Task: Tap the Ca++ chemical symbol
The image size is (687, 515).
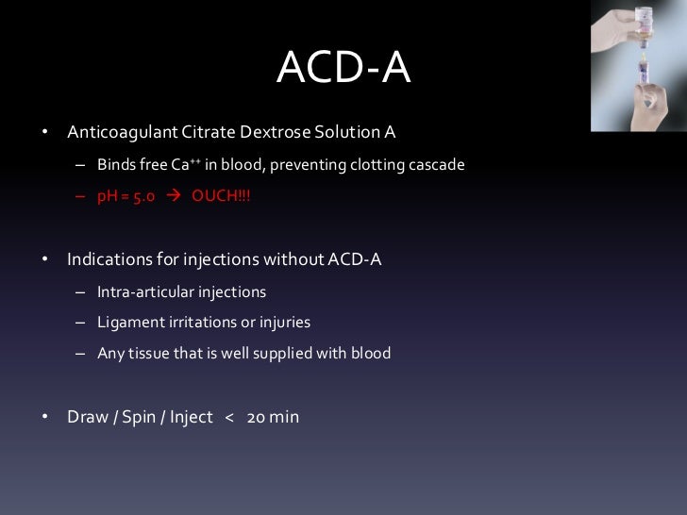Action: click(186, 165)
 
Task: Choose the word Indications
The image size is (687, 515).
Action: click(106, 258)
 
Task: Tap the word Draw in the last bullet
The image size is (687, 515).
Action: click(86, 416)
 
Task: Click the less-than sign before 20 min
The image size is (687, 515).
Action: click(228, 416)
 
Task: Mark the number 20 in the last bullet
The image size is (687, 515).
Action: click(256, 416)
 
